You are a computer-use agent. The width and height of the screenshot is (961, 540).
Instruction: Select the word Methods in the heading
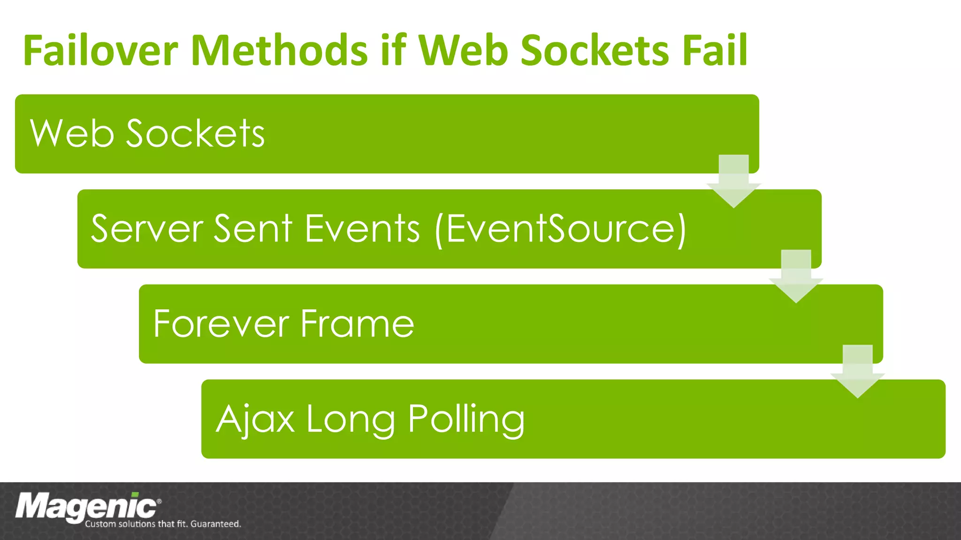280,50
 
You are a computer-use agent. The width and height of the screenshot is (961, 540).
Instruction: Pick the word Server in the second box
147,229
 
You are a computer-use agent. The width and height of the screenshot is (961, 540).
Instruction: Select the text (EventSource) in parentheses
561,230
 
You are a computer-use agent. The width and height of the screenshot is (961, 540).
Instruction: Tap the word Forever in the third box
221,324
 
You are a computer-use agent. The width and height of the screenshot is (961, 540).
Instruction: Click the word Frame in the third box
357,324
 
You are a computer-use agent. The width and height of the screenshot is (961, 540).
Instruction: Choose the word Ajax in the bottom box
255,420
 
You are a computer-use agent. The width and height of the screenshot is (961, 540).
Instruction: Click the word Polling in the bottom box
466,420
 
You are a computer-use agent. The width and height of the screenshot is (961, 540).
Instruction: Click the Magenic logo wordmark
86,507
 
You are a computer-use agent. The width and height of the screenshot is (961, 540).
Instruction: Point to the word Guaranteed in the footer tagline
215,524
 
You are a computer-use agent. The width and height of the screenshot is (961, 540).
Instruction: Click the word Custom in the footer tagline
100,524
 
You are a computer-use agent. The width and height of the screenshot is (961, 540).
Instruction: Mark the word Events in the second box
362,229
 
